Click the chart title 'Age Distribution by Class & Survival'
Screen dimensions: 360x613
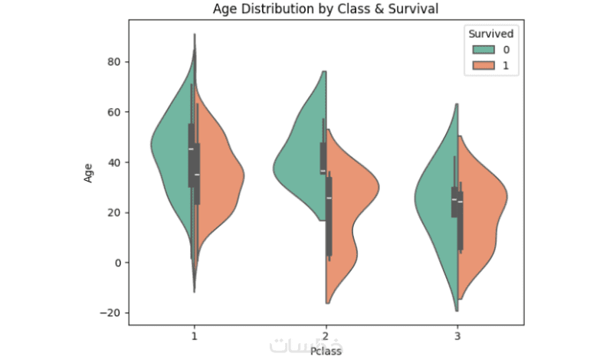(326, 10)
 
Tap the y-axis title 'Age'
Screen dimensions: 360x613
(90, 174)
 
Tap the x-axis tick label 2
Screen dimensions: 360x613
(326, 335)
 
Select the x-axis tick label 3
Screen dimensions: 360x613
(458, 335)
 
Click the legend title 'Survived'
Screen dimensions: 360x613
(491, 34)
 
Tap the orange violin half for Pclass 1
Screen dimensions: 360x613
(222, 176)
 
